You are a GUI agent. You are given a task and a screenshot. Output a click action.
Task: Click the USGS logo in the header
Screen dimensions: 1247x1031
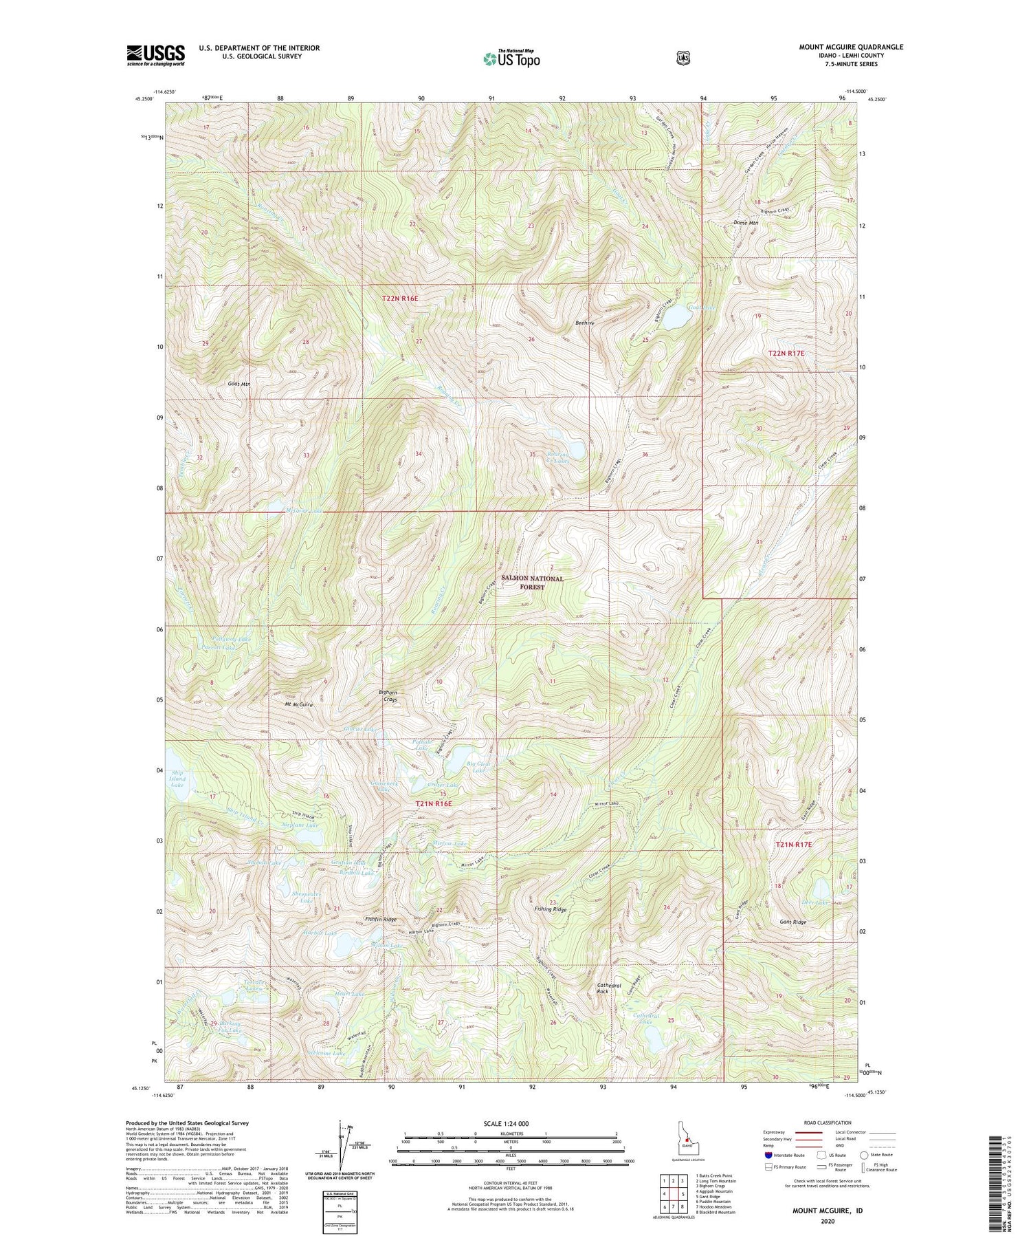[x=155, y=55]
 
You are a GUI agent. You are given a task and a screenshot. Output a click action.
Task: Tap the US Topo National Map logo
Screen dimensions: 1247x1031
[x=511, y=58]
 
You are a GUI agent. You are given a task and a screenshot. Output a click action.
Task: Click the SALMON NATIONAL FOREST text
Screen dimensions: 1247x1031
[x=532, y=583]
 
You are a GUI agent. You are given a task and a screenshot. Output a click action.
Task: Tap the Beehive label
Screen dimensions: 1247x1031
[x=585, y=323]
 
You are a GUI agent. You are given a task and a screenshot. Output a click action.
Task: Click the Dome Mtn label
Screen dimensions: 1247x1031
[x=746, y=223]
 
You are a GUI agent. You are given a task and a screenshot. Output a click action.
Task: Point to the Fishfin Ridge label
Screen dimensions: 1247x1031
[x=381, y=919]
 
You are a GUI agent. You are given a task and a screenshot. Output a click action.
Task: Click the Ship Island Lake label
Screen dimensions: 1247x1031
[x=178, y=779]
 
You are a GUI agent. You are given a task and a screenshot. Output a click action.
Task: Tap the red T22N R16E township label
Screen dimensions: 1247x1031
[x=400, y=299]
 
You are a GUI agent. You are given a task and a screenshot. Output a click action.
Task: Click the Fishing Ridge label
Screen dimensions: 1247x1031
[x=551, y=909]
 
